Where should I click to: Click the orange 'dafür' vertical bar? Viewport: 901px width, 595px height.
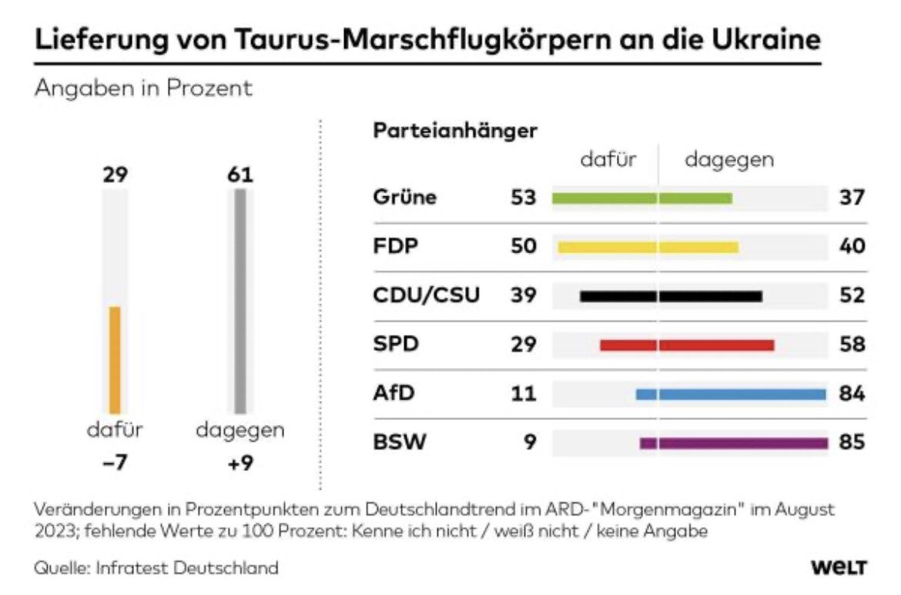tap(114, 359)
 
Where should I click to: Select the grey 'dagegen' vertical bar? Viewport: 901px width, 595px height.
tap(240, 301)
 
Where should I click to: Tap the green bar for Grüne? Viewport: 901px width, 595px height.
tap(641, 199)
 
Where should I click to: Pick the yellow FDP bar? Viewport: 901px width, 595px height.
tap(648, 247)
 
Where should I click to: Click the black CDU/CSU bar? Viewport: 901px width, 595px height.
tap(671, 296)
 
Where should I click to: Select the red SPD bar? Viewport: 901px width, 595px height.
tap(687, 345)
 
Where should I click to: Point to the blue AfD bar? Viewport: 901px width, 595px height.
tap(730, 394)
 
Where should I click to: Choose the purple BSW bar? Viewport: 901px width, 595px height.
tap(733, 443)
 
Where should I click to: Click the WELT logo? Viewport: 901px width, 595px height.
tap(839, 568)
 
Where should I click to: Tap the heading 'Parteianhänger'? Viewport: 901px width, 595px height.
tap(455, 131)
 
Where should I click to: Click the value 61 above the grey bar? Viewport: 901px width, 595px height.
tap(240, 175)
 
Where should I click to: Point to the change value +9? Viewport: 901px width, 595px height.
tap(240, 465)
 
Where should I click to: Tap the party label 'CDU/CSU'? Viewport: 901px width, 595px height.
tap(427, 296)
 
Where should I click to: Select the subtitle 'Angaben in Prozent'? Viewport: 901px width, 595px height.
tap(143, 88)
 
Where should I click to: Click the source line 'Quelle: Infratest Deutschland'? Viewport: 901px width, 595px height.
tap(156, 569)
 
